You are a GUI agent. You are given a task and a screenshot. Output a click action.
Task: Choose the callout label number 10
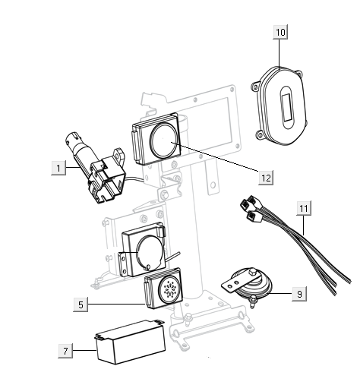[280, 33]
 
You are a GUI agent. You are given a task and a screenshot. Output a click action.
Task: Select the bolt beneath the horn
[250, 305]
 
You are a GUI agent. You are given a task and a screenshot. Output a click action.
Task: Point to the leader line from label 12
[220, 160]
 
